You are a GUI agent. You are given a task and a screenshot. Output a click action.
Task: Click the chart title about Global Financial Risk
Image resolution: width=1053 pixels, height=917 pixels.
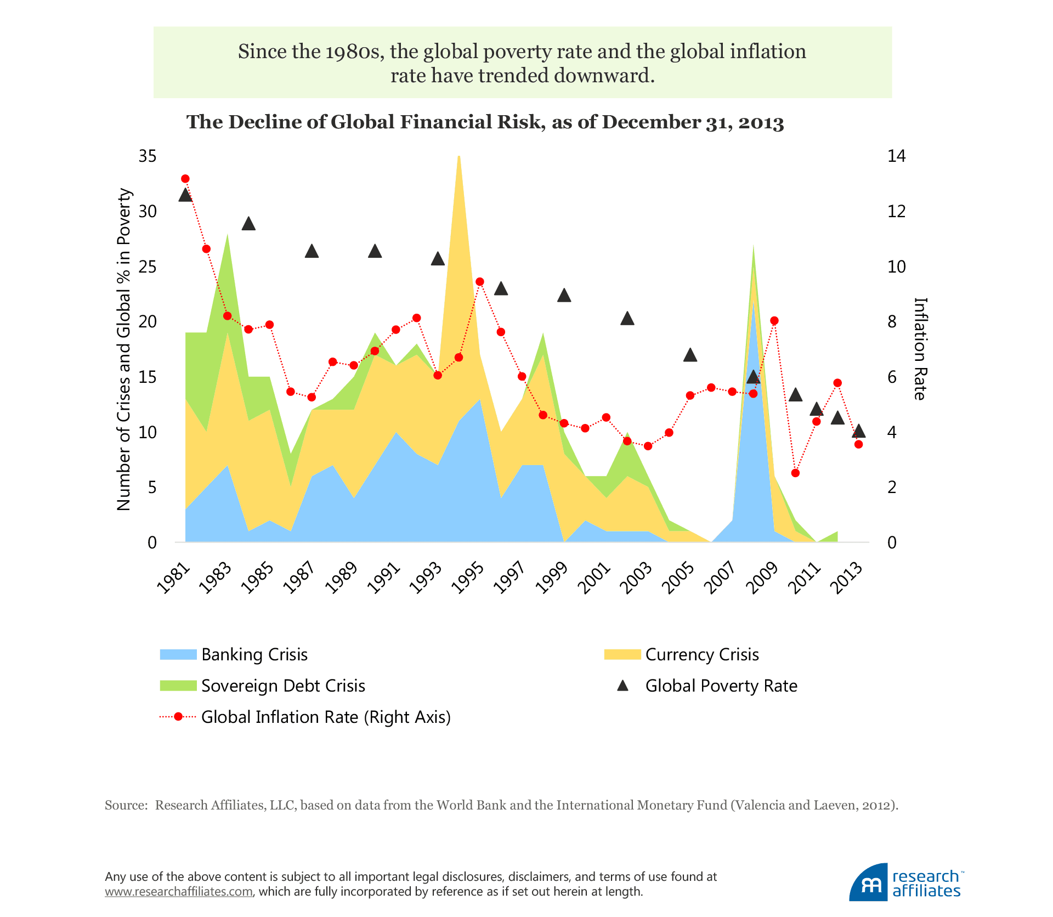(485, 122)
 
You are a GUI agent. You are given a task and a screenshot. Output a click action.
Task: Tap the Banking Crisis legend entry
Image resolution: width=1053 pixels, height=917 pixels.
(254, 654)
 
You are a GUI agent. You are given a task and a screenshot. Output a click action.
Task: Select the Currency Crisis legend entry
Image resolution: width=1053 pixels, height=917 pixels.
(701, 654)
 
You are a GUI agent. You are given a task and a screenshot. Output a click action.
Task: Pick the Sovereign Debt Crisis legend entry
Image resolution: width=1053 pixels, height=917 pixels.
(282, 686)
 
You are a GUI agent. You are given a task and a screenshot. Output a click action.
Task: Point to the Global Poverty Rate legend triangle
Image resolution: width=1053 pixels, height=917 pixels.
(622, 686)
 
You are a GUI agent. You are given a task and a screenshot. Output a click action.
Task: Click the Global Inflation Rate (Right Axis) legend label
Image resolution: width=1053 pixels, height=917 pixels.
(326, 717)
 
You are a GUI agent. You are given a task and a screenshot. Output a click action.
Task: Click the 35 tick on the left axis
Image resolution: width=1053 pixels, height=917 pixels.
(148, 156)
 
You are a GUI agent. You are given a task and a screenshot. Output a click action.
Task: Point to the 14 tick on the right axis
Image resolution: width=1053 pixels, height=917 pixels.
(896, 156)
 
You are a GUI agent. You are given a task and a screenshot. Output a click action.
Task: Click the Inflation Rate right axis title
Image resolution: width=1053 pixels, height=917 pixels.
(920, 349)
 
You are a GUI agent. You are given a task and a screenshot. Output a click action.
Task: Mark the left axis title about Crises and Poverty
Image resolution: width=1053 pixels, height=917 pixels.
(124, 349)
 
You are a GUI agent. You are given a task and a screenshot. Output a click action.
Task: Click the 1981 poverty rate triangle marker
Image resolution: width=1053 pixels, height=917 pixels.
(185, 195)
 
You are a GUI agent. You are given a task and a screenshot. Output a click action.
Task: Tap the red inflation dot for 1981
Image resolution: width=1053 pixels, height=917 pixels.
(185, 179)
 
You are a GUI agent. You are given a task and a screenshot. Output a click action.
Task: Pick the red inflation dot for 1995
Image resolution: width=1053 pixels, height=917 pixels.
(480, 282)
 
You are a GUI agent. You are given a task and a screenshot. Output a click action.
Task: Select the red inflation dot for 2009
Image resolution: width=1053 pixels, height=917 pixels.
(774, 321)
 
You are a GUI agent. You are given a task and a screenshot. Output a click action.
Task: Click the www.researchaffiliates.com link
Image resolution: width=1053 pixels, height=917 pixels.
(179, 892)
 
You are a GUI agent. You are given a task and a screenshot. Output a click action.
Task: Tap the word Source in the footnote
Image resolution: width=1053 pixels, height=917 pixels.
(126, 805)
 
